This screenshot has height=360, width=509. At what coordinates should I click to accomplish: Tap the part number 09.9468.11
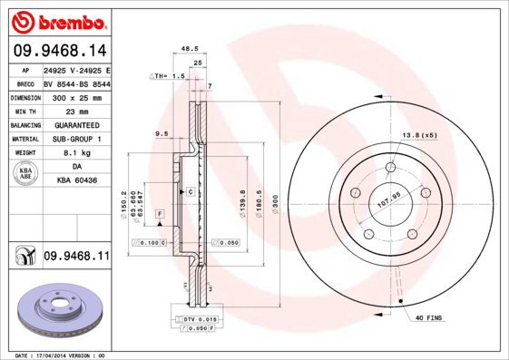point(76,258)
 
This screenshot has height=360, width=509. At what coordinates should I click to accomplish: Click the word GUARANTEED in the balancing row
point(76,125)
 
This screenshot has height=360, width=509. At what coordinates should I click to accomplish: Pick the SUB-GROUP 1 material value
point(76,139)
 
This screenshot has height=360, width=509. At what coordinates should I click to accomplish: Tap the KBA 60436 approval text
point(76,182)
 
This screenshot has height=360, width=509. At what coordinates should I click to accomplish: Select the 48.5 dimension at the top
point(189,50)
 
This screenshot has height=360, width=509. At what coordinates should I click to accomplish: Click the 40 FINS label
point(428,318)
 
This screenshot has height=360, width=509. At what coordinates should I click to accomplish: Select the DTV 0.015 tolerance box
point(194,320)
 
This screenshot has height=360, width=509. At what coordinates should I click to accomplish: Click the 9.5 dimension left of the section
point(162,133)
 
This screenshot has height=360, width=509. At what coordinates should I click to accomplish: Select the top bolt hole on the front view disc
point(389,168)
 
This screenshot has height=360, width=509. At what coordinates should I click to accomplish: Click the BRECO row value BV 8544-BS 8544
point(76,83)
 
